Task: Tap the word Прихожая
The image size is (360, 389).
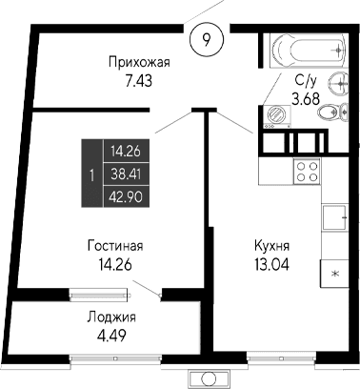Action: pyautogui.click(x=140, y=63)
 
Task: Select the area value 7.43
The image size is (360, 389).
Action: pyautogui.click(x=140, y=83)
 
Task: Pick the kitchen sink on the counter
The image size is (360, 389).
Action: pyautogui.click(x=335, y=218)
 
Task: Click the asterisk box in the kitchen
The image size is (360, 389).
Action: pyautogui.click(x=334, y=273)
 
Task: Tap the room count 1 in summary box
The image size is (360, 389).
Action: pyautogui.click(x=90, y=174)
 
